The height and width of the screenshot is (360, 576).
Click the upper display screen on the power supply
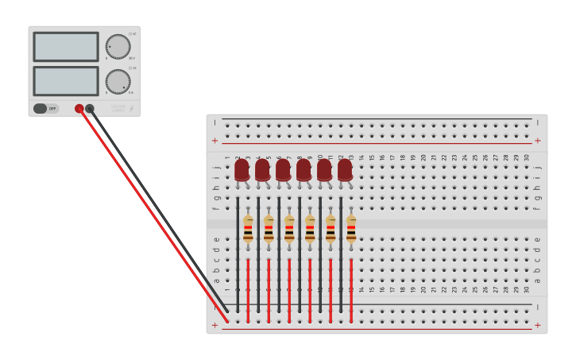[66, 47]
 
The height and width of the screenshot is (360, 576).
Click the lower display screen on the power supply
[66, 81]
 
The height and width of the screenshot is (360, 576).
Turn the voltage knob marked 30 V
[118, 46]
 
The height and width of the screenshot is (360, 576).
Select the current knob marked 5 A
[118, 81]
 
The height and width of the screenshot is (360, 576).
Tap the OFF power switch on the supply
[46, 108]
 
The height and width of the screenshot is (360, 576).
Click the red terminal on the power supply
[79, 108]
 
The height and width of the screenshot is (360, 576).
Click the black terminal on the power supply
[90, 108]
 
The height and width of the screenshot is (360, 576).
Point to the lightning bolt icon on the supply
[132, 108]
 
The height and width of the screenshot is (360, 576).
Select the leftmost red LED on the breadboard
[242, 170]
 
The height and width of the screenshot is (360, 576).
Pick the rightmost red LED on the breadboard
[345, 170]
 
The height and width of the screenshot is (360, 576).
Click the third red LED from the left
[283, 170]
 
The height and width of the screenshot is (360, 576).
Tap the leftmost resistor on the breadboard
[248, 228]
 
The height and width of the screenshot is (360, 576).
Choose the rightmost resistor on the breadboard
[351, 228]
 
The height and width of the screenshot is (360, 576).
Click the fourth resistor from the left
[310, 228]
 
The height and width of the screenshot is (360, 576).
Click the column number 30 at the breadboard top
[526, 157]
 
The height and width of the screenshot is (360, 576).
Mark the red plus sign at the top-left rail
[215, 141]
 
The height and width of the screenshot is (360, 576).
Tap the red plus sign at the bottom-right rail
[538, 325]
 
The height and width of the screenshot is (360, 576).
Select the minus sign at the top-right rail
[538, 122]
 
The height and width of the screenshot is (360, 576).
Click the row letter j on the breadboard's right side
[538, 168]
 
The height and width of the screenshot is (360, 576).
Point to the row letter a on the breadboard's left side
[216, 280]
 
